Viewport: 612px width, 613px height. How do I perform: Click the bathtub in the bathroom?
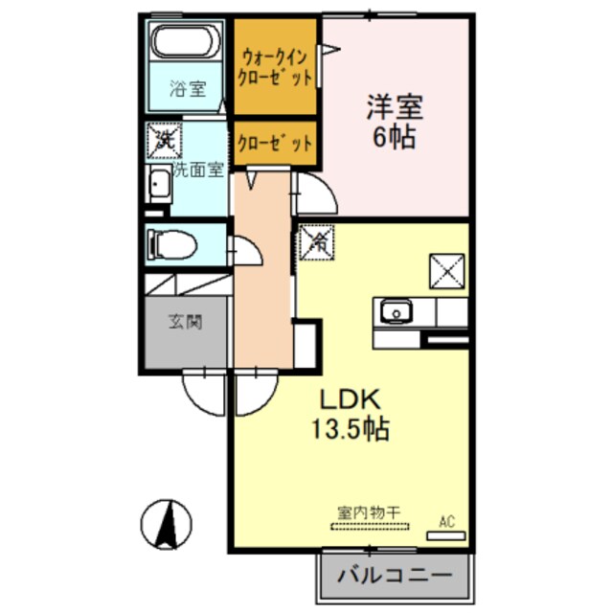187,44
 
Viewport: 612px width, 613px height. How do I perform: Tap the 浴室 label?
187,91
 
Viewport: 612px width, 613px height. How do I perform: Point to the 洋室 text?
393,106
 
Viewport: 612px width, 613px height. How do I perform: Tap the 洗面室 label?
197,169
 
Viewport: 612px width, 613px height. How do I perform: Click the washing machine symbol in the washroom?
162,140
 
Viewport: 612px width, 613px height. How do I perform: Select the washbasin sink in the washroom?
157,186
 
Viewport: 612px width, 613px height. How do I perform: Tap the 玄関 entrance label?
187,323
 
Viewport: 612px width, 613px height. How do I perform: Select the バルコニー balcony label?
396,577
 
